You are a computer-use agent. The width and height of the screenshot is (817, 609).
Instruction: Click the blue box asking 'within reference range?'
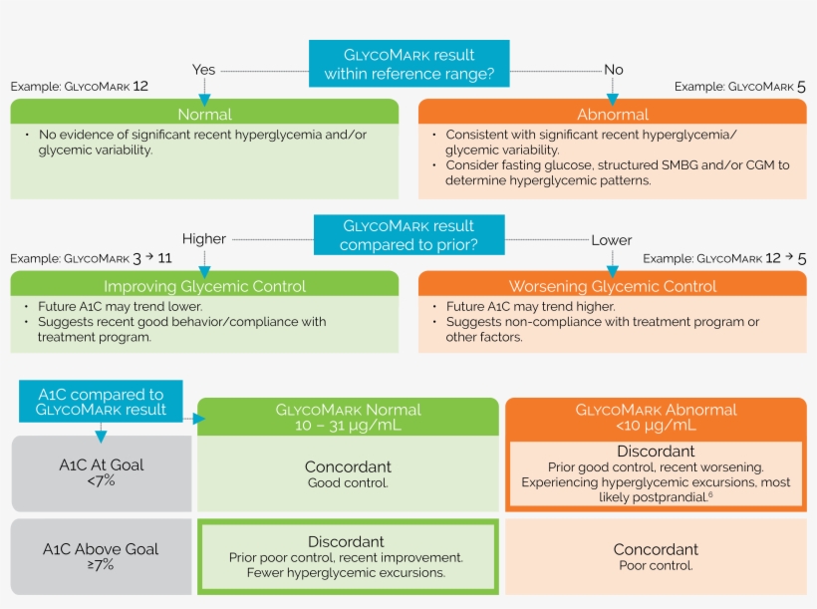click(x=408, y=64)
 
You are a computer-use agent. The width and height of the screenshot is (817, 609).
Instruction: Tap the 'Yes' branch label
click(x=203, y=70)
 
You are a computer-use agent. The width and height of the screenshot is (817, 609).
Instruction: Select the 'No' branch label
click(x=614, y=70)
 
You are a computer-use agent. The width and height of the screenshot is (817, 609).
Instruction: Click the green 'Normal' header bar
click(x=204, y=114)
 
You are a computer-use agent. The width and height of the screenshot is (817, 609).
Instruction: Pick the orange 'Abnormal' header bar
click(x=613, y=114)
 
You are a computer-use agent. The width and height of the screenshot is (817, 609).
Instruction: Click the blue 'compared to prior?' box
click(x=408, y=235)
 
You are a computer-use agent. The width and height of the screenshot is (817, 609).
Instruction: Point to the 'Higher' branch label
click(x=203, y=239)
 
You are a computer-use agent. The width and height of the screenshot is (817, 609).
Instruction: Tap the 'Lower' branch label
click(x=612, y=239)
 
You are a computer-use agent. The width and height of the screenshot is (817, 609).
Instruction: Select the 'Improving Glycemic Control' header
click(x=204, y=286)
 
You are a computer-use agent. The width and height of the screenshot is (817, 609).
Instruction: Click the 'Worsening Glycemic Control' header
click(x=613, y=286)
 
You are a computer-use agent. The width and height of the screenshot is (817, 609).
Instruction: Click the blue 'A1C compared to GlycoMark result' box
click(x=101, y=403)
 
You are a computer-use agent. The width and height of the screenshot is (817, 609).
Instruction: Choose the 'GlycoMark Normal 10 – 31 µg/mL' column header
click(x=348, y=417)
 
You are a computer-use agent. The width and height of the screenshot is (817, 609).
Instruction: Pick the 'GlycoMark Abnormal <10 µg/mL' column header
click(x=656, y=417)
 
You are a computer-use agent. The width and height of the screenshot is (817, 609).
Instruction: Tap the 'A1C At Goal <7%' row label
click(x=101, y=471)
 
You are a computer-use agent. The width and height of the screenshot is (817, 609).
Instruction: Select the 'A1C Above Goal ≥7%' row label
click(x=101, y=556)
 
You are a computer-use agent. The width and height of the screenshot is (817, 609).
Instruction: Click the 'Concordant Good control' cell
click(x=348, y=473)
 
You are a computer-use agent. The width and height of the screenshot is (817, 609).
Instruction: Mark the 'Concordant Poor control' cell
click(x=656, y=556)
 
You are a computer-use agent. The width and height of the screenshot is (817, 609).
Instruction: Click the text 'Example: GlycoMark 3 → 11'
click(x=92, y=258)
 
